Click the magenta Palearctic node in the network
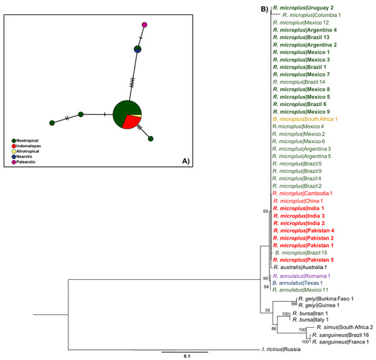(x=144, y=25)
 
